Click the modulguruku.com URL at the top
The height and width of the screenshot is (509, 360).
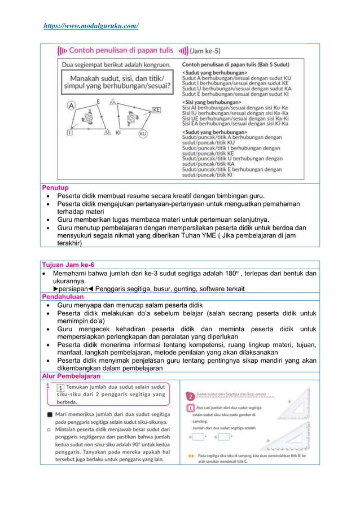(91, 25)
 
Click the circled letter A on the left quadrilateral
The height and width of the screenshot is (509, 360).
(72, 104)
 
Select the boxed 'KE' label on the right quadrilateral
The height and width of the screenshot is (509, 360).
(156, 109)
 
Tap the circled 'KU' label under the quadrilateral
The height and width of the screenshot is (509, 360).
(143, 134)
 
